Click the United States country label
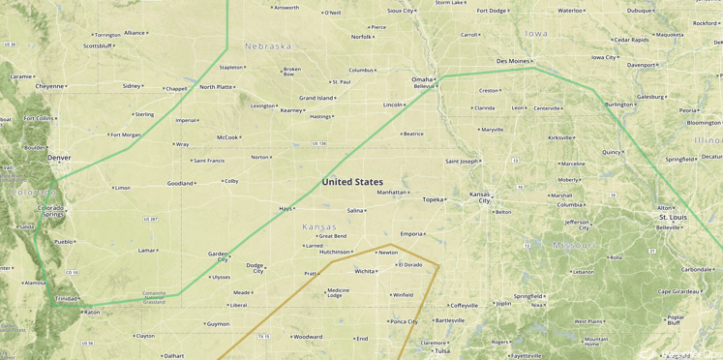coord(352,182)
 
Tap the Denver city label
coord(59,157)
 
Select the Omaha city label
coord(422,79)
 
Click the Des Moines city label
coord(513,61)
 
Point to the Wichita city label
coord(365,271)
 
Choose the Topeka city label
coord(433,199)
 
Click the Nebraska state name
coord(268,46)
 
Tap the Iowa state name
coord(536,34)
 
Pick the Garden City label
coord(218,256)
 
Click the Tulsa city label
coord(442,351)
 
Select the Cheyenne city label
coord(49,86)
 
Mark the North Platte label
coord(216,87)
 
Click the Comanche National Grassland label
coord(154,297)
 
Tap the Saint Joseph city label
coord(462,161)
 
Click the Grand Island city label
coord(316,98)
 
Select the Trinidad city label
coord(67,299)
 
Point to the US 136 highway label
coord(319,143)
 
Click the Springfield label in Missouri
coord(527,296)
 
